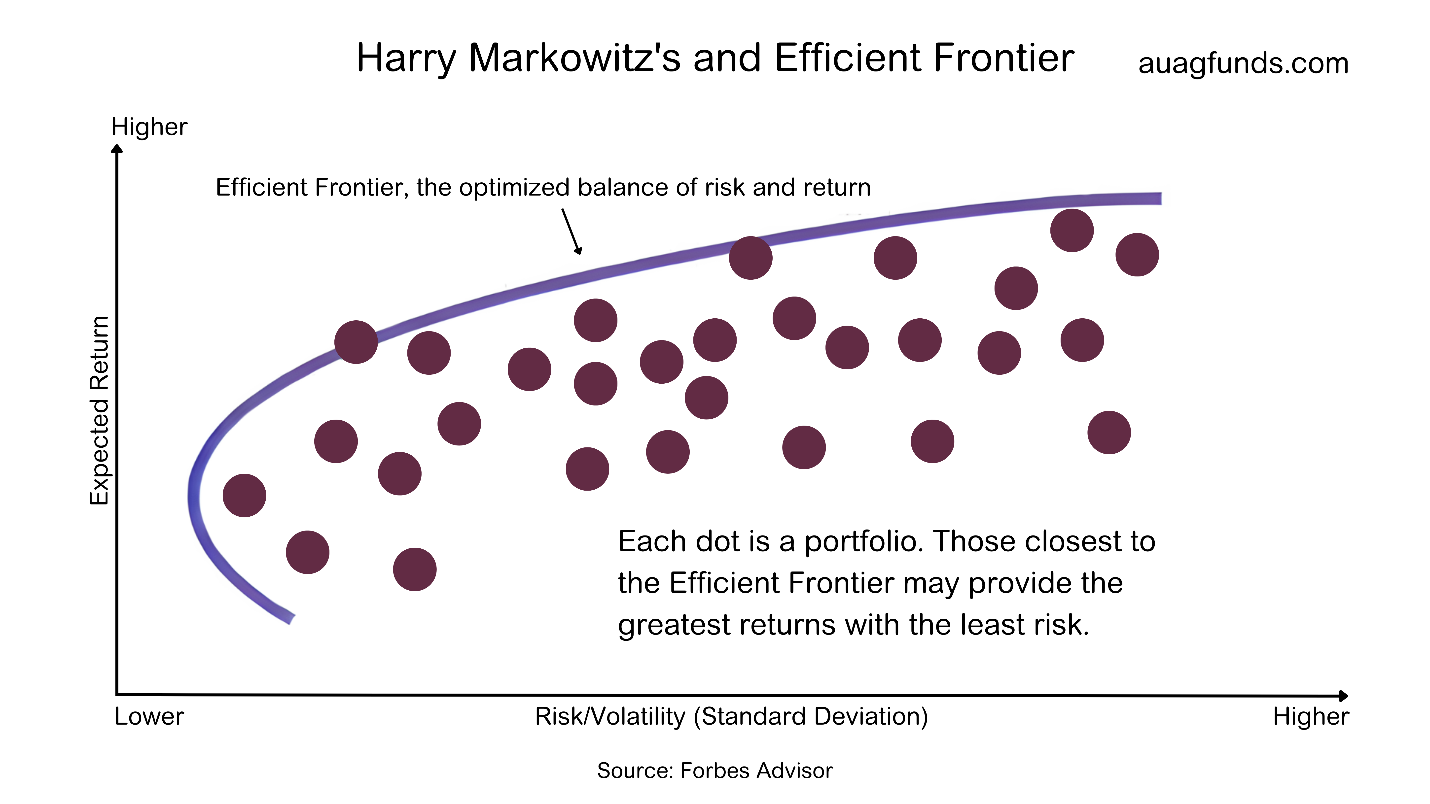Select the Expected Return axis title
99,411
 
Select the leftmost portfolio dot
244,496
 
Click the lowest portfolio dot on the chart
415,569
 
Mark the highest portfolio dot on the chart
1072,230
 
